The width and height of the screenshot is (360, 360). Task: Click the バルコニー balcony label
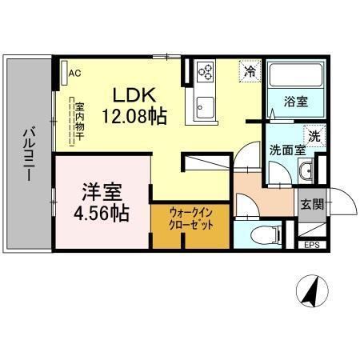[x=27, y=152]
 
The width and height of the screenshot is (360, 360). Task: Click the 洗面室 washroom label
[x=286, y=150]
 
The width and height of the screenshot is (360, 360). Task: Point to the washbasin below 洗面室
[x=306, y=170]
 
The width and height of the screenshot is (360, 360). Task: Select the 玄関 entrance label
[x=312, y=204]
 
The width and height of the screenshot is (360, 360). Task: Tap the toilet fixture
[x=263, y=235]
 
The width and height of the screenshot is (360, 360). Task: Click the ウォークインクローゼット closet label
[x=190, y=218]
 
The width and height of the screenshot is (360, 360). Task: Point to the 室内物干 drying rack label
[x=78, y=121]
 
